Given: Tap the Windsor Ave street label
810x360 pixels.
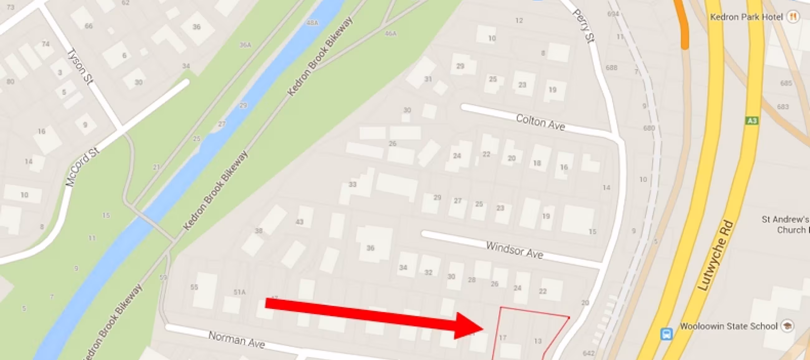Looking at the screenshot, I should pos(514,250).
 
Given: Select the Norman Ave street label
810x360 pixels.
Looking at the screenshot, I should pos(236,339).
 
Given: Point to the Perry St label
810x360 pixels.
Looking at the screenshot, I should pos(584,26).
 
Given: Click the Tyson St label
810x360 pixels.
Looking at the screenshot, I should pos(80,66).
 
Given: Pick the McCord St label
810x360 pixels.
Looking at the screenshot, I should pos(82,167).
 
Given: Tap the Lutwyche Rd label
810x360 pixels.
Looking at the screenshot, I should pos(716,256).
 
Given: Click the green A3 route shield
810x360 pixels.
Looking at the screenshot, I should pos(752,121).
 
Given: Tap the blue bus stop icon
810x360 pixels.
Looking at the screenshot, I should pos(666,334).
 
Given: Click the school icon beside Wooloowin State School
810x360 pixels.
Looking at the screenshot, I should pos(788,326).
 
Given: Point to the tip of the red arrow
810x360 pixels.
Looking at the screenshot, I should pos(483,329).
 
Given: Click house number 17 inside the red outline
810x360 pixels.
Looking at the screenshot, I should pos(503,338).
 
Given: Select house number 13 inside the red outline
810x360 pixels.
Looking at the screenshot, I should pos(538,341).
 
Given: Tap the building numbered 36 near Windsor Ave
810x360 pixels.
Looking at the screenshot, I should pos(370,248).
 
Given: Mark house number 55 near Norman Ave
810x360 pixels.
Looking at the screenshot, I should pos(194,287).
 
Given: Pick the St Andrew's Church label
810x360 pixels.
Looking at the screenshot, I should pos(785,225).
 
